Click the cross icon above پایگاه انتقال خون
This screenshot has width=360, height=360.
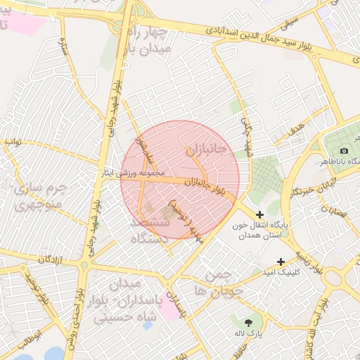pyautogui.click(x=260, y=214)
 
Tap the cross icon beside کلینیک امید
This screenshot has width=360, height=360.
pyautogui.click(x=281, y=262)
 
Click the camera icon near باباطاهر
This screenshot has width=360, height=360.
pyautogui.click(x=344, y=150)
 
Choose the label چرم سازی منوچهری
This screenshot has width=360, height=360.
pyautogui.click(x=39, y=196)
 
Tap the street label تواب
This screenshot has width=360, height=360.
pyautogui.click(x=14, y=141)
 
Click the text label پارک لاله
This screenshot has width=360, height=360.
pyautogui.click(x=247, y=322)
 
